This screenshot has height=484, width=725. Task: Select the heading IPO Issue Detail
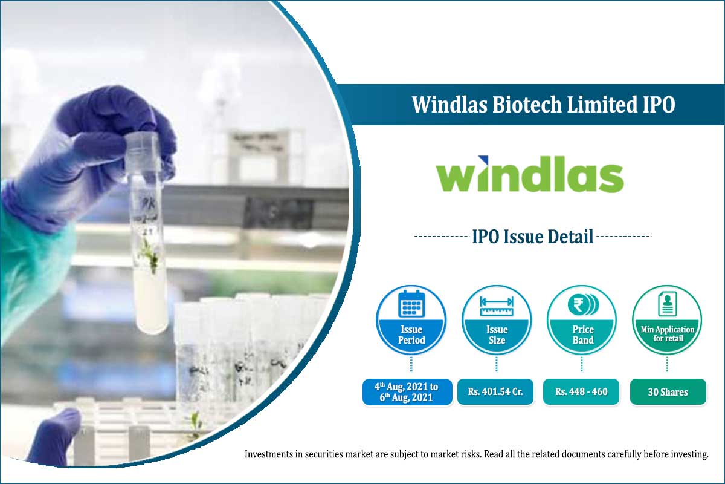(532, 236)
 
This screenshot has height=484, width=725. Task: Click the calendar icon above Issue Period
(411, 304)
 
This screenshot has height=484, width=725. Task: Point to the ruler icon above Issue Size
(497, 306)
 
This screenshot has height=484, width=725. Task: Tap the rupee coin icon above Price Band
(582, 304)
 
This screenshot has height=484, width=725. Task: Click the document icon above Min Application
(667, 304)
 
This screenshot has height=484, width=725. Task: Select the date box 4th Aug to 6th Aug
(407, 392)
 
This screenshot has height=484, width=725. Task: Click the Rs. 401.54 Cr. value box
(495, 392)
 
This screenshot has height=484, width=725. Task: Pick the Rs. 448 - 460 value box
(581, 392)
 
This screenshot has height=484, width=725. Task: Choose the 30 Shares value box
(668, 392)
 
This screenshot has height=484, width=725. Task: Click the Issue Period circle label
(411, 335)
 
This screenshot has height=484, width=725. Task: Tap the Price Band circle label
(582, 335)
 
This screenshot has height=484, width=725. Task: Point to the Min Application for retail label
(667, 334)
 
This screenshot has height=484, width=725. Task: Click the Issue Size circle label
(497, 335)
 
